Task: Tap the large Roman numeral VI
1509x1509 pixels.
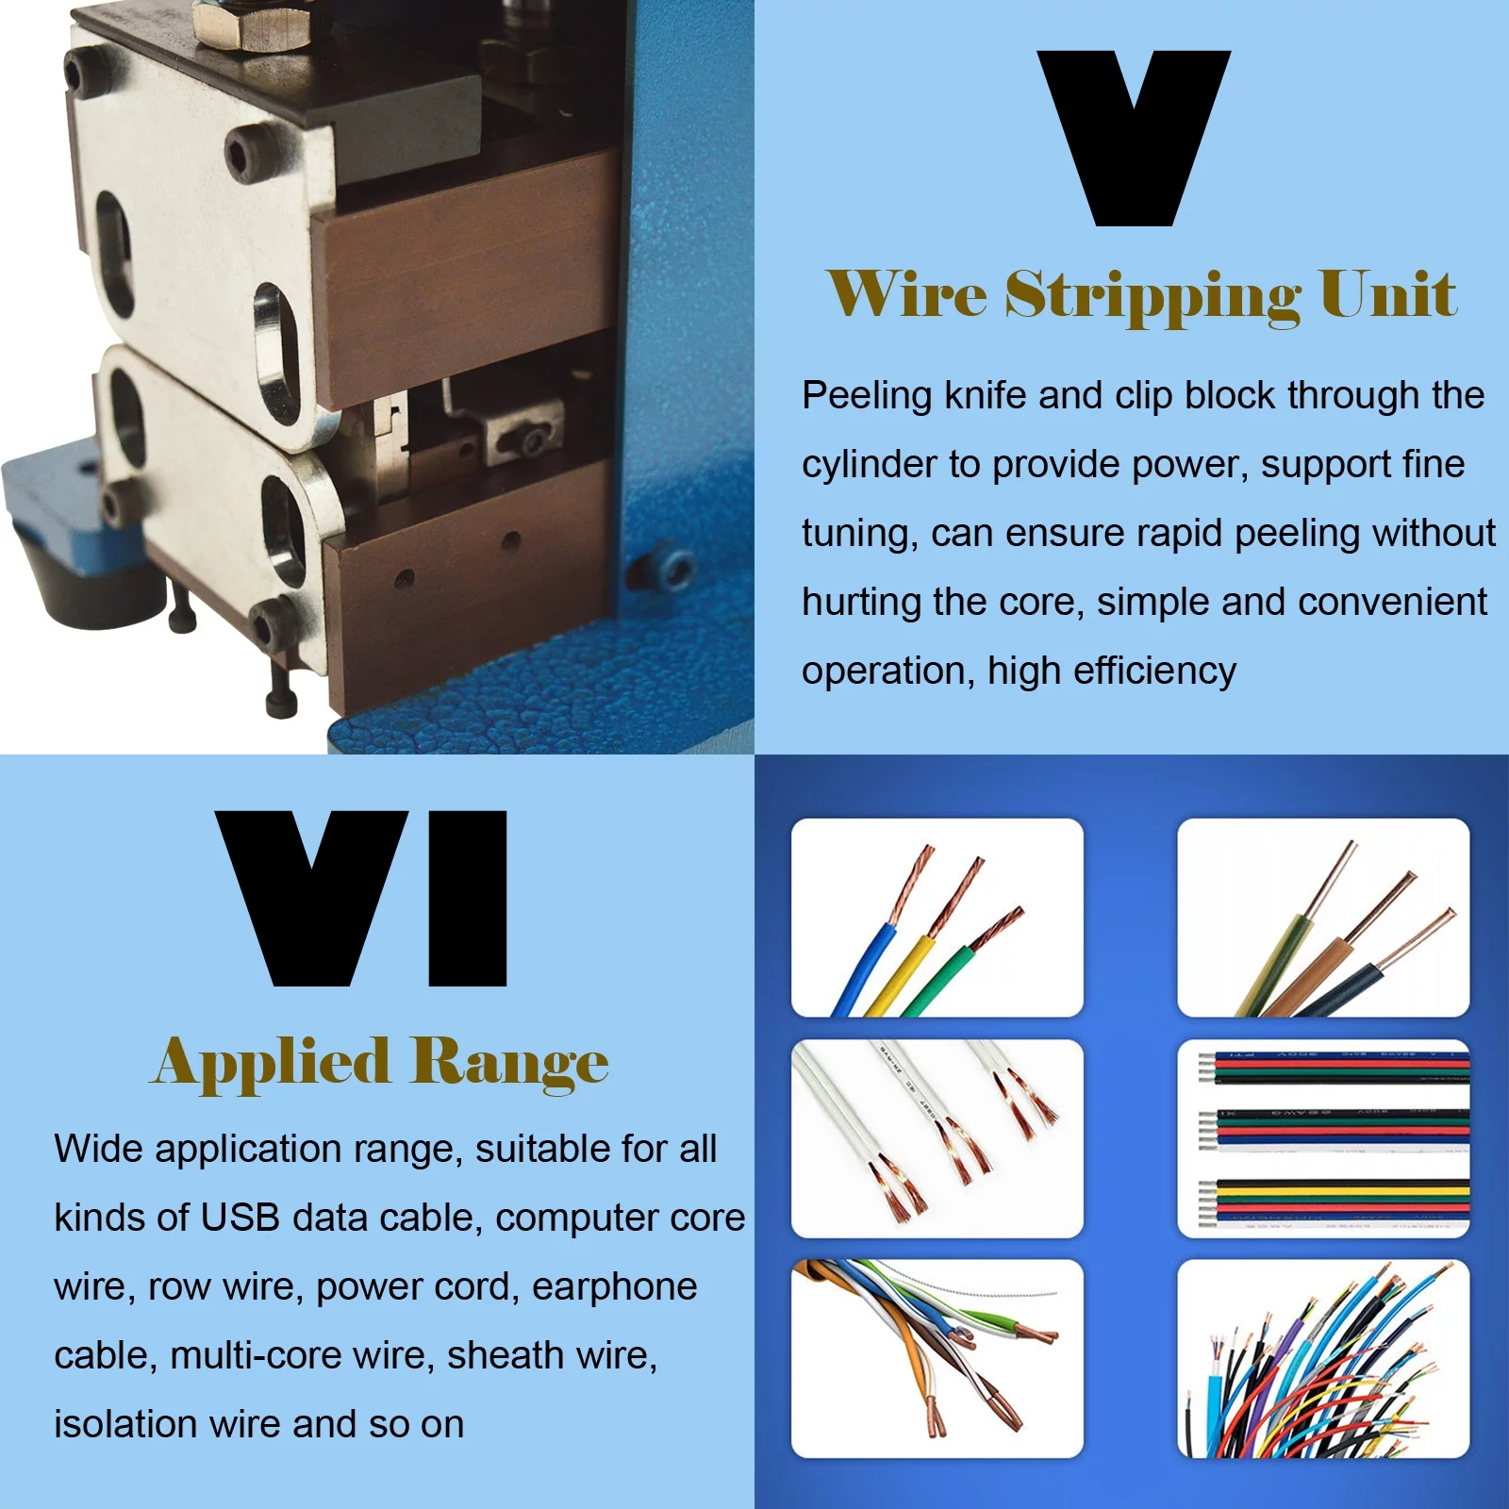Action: tap(362, 898)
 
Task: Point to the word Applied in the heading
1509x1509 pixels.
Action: tap(272, 1063)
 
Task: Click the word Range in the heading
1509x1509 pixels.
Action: tap(509, 1063)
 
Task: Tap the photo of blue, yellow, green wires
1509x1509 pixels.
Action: tap(937, 918)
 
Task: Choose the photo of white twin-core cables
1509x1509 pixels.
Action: tap(937, 1138)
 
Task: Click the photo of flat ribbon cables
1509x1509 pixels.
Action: tap(1323, 1138)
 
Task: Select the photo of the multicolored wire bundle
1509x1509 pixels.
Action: tap(1323, 1359)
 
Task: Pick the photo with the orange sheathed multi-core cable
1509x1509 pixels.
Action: tap(937, 1359)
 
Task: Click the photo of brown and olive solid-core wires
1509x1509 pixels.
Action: tap(1323, 918)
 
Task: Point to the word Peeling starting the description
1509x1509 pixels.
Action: tap(867, 395)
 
